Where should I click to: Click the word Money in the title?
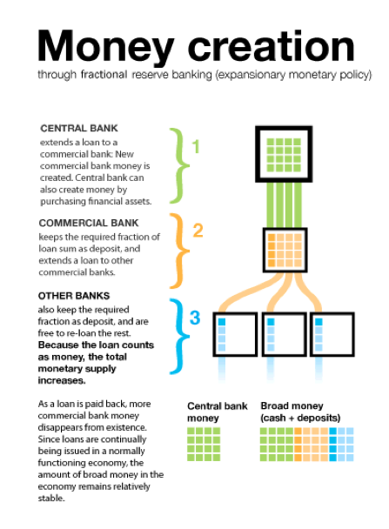(x=105, y=47)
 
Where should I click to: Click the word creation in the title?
(x=271, y=46)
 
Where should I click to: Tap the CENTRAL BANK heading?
(x=79, y=128)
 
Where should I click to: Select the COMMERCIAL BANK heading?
(x=89, y=223)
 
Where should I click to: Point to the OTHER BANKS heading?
(x=74, y=296)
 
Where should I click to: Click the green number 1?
(x=196, y=147)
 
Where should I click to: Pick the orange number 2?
(x=198, y=231)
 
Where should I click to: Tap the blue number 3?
(x=195, y=318)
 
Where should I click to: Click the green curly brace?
(x=178, y=166)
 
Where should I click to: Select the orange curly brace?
(x=178, y=251)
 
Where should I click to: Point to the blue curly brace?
(x=178, y=337)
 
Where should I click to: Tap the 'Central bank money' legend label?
(x=218, y=412)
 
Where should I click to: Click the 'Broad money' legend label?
(x=300, y=412)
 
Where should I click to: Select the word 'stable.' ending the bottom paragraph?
(x=51, y=499)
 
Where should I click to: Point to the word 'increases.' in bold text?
(x=62, y=380)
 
